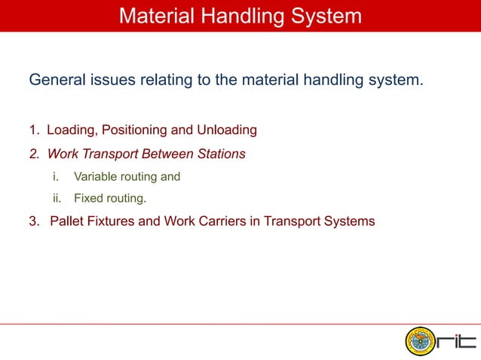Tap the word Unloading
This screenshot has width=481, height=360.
coord(227,130)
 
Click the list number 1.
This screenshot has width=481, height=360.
coord(34,130)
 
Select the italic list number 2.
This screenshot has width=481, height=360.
coord(34,154)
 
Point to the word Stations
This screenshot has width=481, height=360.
coord(219,154)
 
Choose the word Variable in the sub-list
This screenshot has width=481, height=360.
coord(95,178)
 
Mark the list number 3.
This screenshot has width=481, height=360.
coord(34,222)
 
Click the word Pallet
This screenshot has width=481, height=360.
coord(66,222)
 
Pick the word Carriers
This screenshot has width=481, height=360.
coord(226,222)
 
